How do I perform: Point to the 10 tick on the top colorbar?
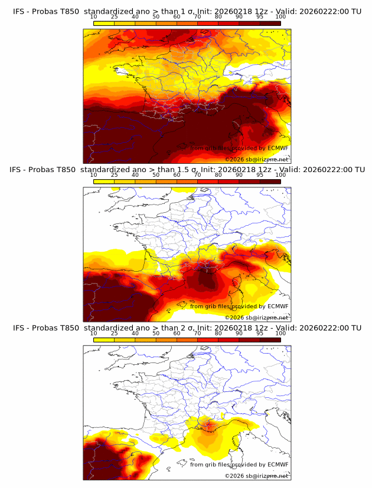click(93, 17)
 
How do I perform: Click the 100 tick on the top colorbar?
click(280, 17)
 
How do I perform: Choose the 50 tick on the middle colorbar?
click(156, 175)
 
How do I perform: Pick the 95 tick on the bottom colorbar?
click(260, 334)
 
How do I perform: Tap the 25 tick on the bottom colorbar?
click(114, 334)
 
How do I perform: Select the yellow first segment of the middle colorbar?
click(104, 181)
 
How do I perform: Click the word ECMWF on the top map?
click(278, 149)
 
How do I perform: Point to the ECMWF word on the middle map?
click(278, 306)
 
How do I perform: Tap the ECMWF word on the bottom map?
click(278, 464)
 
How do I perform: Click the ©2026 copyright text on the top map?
click(235, 159)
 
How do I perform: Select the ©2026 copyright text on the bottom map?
click(235, 476)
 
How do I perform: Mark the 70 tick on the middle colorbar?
click(197, 175)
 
